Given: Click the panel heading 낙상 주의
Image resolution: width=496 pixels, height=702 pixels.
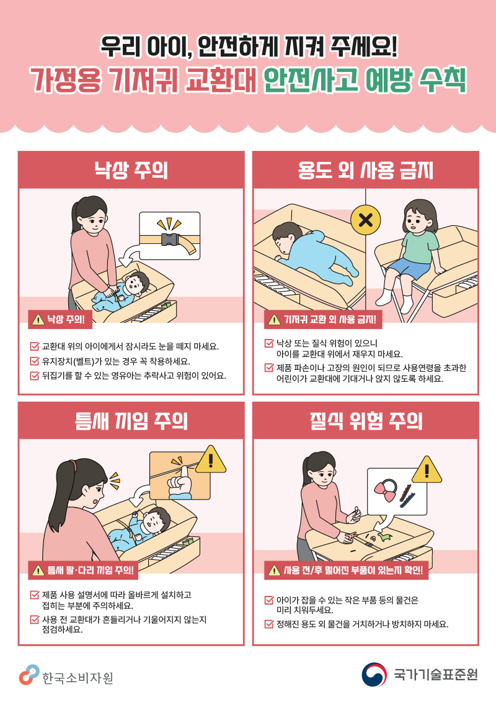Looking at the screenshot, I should click(x=130, y=169).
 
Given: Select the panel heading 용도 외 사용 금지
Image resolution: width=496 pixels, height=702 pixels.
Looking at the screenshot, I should click(x=365, y=169).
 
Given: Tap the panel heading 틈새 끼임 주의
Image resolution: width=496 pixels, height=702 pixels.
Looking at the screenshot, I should click(x=130, y=421).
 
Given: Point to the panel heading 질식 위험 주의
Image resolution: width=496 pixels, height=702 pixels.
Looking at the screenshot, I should click(x=365, y=421).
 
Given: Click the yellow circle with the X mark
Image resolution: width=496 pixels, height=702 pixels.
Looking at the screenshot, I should click(x=366, y=219).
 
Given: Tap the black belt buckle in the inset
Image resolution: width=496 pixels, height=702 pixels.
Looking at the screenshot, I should click(x=171, y=241).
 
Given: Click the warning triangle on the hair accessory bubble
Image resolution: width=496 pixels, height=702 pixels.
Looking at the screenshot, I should click(x=426, y=470).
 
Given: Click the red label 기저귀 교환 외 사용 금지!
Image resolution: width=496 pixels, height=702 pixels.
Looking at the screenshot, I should click(x=324, y=320).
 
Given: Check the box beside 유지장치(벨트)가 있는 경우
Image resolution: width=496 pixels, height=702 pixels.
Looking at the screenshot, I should click(x=34, y=361).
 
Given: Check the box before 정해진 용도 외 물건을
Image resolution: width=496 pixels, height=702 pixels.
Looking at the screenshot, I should click(x=268, y=624).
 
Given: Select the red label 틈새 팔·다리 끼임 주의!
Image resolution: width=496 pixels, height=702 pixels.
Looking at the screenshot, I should click(x=82, y=570).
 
